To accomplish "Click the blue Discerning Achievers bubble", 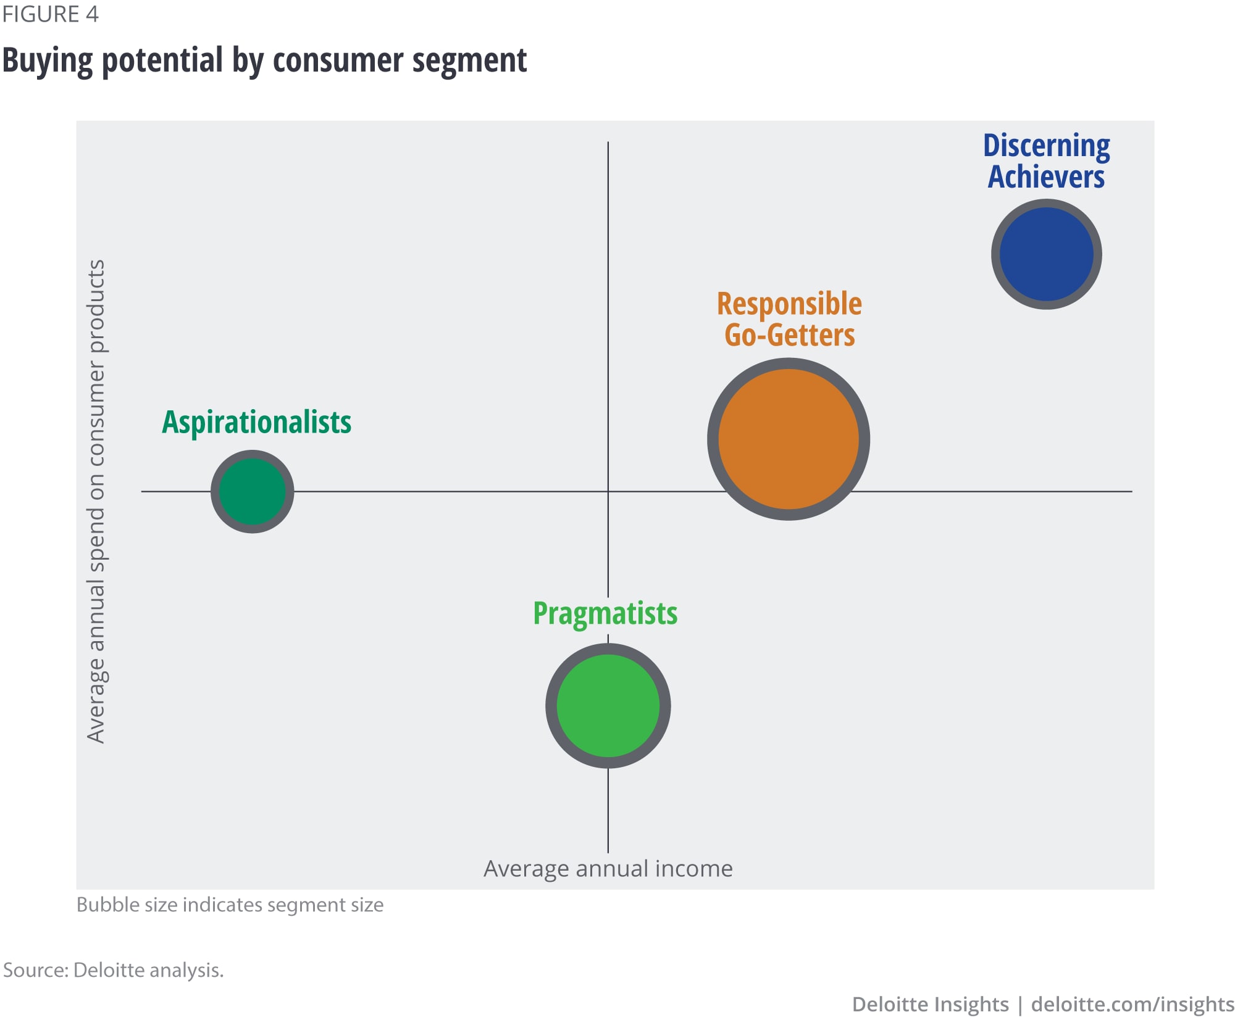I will [1046, 254].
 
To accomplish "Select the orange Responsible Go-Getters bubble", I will [789, 439].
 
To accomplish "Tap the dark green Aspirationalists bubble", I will [252, 491].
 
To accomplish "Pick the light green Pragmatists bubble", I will [608, 705].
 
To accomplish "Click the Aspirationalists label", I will [256, 423].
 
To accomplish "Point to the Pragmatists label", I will [605, 614].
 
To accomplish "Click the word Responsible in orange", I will [789, 304].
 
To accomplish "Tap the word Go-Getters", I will [790, 335].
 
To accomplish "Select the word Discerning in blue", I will [1046, 146].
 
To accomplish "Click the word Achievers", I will [1046, 177].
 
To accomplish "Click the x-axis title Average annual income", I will [608, 868].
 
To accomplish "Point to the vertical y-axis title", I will [96, 501].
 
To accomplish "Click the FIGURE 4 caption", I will [50, 14].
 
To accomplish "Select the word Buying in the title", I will [48, 61].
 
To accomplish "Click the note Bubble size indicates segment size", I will [230, 905].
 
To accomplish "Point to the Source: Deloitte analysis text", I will [113, 970].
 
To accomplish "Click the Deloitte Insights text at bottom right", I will [930, 1004].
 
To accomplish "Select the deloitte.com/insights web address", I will [1132, 1004].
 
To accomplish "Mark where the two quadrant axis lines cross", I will [608, 491].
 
